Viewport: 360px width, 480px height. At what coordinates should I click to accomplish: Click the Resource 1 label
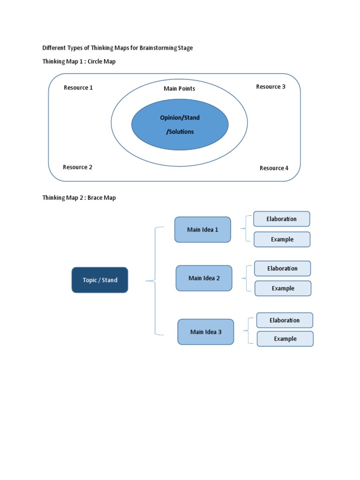point(78,88)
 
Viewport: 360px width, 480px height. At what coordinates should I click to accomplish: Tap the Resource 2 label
point(78,167)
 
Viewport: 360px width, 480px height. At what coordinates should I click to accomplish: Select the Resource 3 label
point(270,87)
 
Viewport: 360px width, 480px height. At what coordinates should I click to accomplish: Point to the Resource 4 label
point(274,168)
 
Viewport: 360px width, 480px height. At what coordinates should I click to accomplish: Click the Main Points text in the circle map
point(180,89)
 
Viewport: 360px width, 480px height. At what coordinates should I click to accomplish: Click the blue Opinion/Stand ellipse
point(180,124)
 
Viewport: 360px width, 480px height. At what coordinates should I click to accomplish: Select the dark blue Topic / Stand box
point(100,280)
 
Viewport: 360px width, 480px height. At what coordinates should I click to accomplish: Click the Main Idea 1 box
point(202,230)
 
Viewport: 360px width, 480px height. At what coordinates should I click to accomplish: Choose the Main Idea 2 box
point(204,278)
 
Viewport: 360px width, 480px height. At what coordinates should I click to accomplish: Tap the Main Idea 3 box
point(206,332)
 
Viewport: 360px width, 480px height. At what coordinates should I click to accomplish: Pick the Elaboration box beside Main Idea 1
point(282,219)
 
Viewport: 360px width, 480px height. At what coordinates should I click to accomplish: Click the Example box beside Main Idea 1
point(282,240)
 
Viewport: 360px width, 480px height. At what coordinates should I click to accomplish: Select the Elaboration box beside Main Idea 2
point(283,269)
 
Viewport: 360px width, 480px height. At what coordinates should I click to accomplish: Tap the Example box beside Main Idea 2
point(283,289)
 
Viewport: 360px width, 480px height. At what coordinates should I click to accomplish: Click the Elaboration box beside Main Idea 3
point(285,321)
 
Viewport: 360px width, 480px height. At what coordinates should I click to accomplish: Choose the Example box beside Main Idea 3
point(285,339)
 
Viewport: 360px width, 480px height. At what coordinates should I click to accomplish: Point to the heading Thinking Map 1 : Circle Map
point(79,62)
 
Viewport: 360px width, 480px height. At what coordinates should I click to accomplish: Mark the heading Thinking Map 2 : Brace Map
point(79,198)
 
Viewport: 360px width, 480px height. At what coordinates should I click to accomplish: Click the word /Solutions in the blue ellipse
point(180,132)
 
